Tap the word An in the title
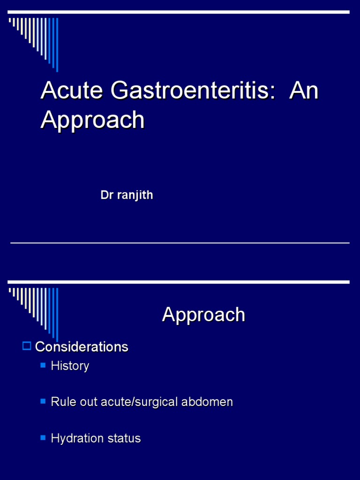coord(304,90)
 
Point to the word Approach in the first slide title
coord(92,120)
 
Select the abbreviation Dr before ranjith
coord(107,195)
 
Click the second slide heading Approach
coord(203,315)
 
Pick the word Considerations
coord(82,347)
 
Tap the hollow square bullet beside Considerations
coord(27,346)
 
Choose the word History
coord(70,366)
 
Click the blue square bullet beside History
coord(43,365)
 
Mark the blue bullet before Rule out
coord(43,401)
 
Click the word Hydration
coord(73,439)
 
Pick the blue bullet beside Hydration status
coord(43,438)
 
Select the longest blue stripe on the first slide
coord(57,45)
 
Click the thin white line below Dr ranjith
coord(180,243)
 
